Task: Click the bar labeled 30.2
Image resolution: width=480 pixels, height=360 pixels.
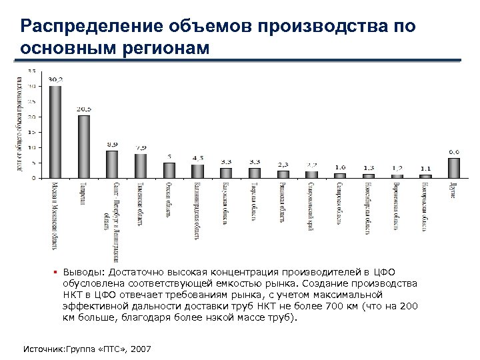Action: tap(55, 132)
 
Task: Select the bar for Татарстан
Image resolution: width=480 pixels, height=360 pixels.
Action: tap(84, 147)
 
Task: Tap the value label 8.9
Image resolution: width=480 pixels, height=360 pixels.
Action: tap(113, 144)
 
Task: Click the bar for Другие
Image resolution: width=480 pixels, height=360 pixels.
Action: tap(453, 168)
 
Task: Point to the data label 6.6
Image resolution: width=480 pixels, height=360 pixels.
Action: tap(453, 151)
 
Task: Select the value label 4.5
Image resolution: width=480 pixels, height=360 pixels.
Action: tap(198, 157)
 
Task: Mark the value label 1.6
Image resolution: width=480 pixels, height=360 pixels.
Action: tap(340, 167)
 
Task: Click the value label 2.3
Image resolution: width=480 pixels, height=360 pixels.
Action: tap(283, 164)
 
